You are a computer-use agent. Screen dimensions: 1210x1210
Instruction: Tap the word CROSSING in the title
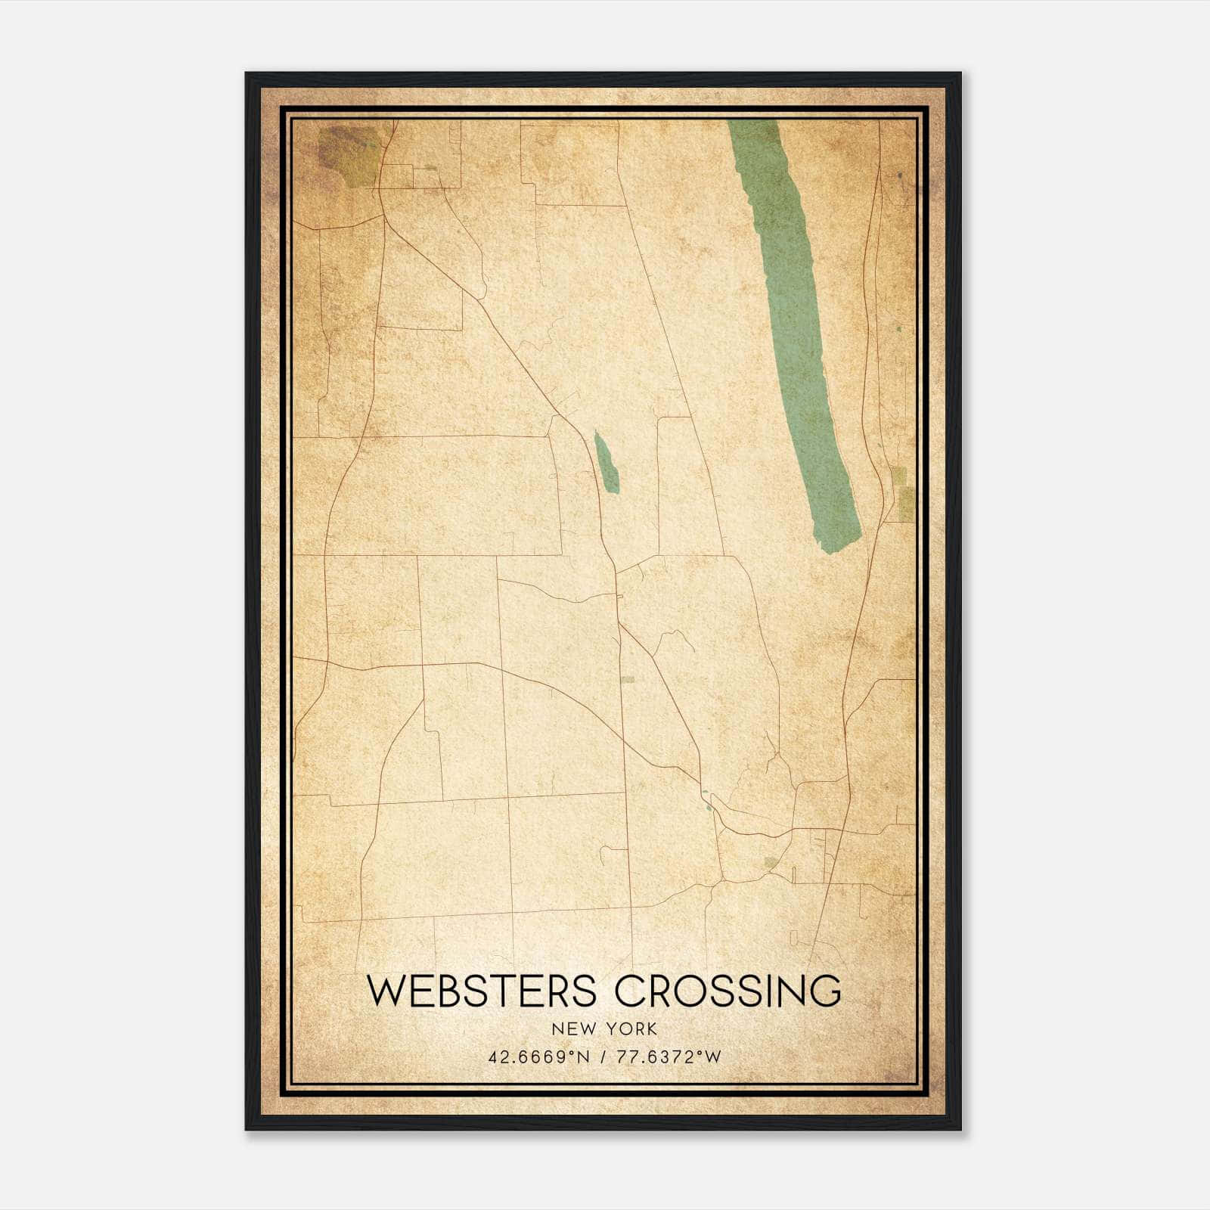click(x=728, y=991)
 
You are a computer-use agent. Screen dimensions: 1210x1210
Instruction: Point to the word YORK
click(x=631, y=1029)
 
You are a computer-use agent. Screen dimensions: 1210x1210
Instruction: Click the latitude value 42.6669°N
click(x=538, y=1057)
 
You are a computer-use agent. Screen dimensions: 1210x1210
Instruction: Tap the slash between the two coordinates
click(x=602, y=1057)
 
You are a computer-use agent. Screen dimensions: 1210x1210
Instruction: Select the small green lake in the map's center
click(x=606, y=463)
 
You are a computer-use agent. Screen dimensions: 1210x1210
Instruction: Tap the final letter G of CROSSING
click(x=826, y=991)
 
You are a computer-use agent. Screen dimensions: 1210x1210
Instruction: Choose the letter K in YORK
click(x=651, y=1029)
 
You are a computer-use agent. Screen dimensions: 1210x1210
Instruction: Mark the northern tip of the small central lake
click(x=597, y=433)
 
